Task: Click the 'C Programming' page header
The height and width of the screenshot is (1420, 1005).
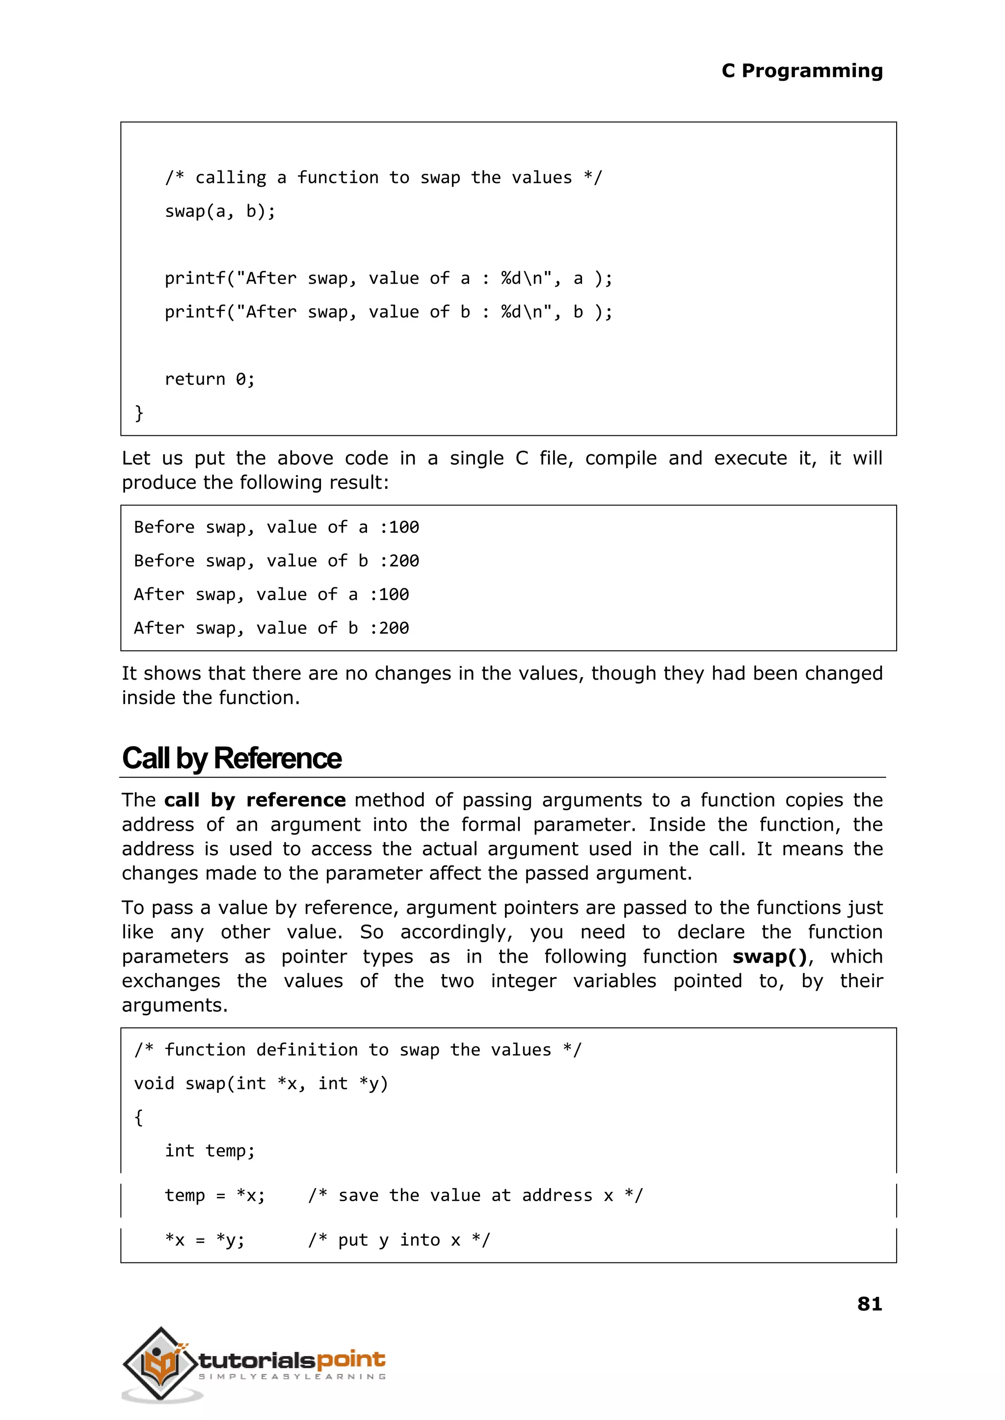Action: pyautogui.click(x=801, y=71)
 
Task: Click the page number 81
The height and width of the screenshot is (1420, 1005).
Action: pyautogui.click(x=869, y=1303)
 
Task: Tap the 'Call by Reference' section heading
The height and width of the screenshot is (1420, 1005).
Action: pyautogui.click(x=232, y=758)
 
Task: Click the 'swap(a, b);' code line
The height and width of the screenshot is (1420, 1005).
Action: pyautogui.click(x=220, y=211)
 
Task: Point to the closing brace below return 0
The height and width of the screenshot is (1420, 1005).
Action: pyautogui.click(x=139, y=413)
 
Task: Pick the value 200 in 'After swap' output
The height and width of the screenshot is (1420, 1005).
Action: pyautogui.click(x=394, y=628)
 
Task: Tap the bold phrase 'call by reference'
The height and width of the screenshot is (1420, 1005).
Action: pyautogui.click(x=255, y=800)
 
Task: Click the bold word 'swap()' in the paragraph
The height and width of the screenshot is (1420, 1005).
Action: pyautogui.click(x=770, y=957)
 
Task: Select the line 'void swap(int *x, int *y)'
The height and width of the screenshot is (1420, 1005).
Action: pyautogui.click(x=261, y=1083)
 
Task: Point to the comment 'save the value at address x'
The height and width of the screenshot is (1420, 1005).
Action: pyautogui.click(x=476, y=1195)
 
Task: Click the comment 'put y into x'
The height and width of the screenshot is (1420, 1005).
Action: pyautogui.click(x=399, y=1240)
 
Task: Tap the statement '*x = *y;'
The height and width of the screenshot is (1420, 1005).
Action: pyautogui.click(x=204, y=1240)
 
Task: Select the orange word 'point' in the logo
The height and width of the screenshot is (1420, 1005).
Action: pyautogui.click(x=350, y=1359)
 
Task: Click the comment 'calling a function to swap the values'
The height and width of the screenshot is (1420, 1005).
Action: pyautogui.click(x=383, y=178)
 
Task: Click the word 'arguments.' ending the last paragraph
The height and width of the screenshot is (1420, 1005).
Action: pyautogui.click(x=175, y=1005)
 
